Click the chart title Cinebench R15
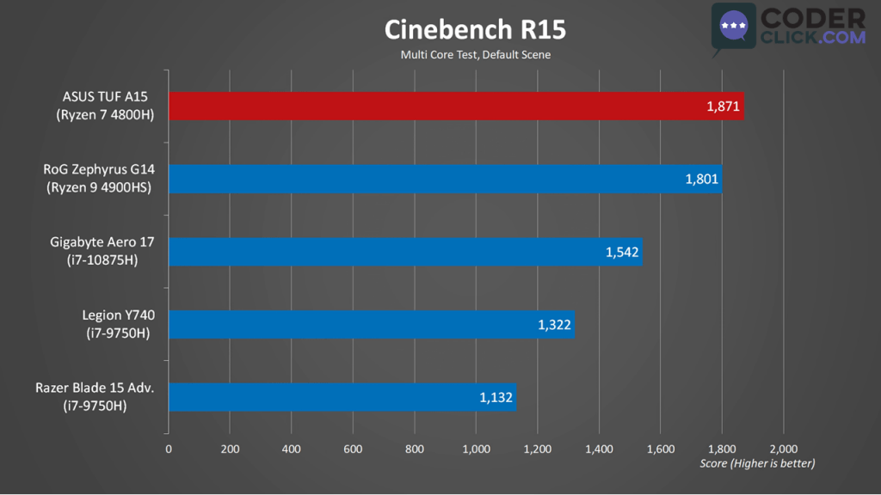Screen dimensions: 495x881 coord(475,30)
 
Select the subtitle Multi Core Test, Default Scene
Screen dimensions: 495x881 coord(475,55)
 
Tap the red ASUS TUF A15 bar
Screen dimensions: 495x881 coord(456,106)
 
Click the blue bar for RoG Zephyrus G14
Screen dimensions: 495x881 coord(445,179)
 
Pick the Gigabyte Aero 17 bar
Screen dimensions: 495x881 coord(405,252)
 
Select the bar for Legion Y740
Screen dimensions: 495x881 coord(371,324)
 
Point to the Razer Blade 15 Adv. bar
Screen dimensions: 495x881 coord(342,397)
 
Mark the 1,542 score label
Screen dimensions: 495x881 coord(621,253)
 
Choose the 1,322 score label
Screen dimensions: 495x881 coord(553,325)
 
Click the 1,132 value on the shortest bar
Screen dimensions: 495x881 coord(496,398)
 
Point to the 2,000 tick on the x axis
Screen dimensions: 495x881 coord(783,449)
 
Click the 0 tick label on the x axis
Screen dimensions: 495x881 coord(169,449)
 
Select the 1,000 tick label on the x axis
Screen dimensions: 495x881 coord(476,449)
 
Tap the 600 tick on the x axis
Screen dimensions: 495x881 coord(353,449)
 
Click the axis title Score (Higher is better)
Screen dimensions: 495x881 coord(757,463)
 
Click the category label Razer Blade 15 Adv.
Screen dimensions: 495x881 coord(95,388)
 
